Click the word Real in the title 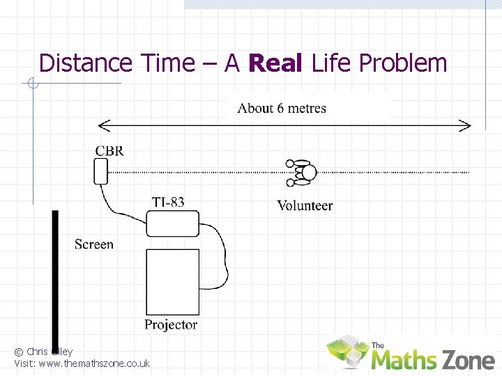tap(275, 63)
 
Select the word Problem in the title tap(402, 63)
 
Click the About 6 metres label tap(282, 108)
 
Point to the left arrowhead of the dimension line tap(103, 126)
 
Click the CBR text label tap(110, 150)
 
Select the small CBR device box tap(101, 171)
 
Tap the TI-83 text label tap(168, 203)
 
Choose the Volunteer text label tap(305, 205)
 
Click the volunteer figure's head tap(307, 173)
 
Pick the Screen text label tap(93, 244)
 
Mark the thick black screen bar tap(55, 279)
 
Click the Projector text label tap(171, 324)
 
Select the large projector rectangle tap(172, 282)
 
